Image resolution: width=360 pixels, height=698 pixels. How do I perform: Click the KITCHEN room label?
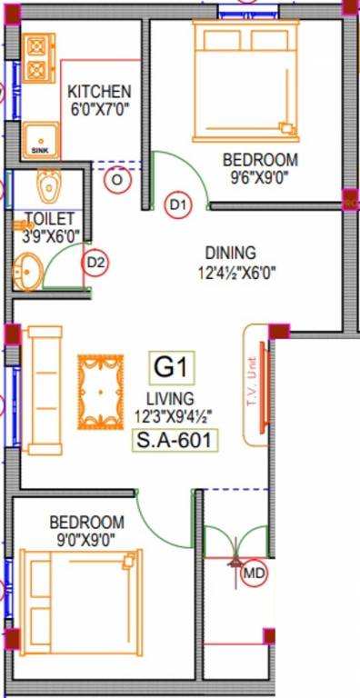(99, 92)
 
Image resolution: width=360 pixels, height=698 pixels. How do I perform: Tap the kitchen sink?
(40, 140)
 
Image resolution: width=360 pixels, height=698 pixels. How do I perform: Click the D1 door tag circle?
(178, 206)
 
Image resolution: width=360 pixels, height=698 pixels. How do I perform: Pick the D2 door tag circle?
(95, 264)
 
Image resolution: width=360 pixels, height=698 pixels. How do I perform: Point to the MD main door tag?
(254, 574)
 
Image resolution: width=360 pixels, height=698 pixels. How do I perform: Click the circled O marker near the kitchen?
(116, 180)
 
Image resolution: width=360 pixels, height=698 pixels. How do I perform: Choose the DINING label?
(230, 254)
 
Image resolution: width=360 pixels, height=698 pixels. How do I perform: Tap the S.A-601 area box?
(174, 441)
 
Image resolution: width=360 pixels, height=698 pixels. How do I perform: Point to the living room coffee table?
(99, 392)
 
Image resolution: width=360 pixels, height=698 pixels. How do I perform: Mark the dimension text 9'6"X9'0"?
(261, 179)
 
